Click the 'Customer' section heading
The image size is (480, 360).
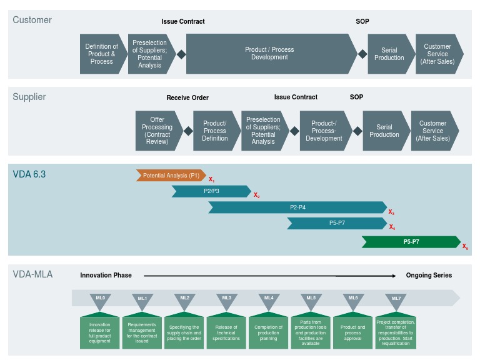pos(32,20)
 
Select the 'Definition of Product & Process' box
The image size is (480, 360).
pos(101,54)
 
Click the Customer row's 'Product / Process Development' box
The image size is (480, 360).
pos(269,54)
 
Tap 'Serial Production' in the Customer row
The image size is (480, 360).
pos(389,54)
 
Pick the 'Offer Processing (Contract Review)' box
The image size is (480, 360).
pos(157,131)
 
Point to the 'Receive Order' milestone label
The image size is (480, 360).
pos(187,97)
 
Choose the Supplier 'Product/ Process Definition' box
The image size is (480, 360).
pos(214,131)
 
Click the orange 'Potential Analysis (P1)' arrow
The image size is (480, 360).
pos(171,176)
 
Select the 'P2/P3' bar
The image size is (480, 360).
pos(211,191)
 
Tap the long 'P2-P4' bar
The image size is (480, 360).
pos(297,207)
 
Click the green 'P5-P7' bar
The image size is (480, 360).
pos(411,242)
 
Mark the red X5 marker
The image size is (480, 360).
pos(465,247)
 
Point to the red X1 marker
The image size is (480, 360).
pos(211,180)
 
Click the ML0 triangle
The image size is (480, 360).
pos(100,301)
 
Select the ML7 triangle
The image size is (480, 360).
pos(396,301)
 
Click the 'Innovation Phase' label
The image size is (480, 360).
pos(106,275)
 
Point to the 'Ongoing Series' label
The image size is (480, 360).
pos(429,275)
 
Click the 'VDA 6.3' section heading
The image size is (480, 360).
pos(29,174)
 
